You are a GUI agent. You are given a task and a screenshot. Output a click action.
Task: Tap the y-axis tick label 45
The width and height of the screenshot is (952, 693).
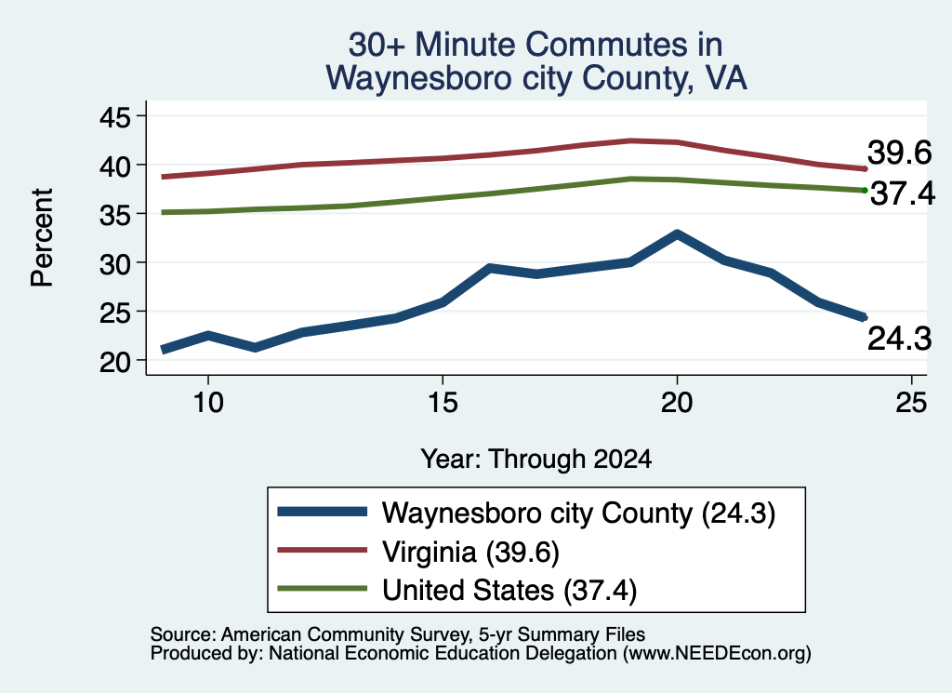pos(114,117)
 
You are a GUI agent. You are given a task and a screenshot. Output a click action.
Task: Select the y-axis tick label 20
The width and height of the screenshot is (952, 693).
pos(114,362)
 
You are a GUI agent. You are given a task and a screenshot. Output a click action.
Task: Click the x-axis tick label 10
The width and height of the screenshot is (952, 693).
pos(208,403)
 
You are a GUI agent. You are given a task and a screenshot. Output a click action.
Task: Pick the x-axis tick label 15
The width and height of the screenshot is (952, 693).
pos(443,403)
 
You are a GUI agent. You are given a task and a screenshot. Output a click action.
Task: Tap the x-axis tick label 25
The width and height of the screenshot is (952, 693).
pos(911,403)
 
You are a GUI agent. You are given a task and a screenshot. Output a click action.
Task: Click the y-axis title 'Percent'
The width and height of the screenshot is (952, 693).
pos(43,237)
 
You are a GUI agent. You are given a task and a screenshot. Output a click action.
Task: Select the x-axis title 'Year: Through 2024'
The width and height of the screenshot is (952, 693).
pos(536,460)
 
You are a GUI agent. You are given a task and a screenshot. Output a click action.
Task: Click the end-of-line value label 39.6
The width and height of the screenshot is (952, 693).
pos(899,153)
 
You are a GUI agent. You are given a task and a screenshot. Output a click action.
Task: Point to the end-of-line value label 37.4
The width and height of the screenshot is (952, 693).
pos(903,194)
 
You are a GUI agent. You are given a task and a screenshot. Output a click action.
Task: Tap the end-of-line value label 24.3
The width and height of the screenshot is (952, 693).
pos(899,339)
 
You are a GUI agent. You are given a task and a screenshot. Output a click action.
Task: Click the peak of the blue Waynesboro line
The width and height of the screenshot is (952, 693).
pos(677,233)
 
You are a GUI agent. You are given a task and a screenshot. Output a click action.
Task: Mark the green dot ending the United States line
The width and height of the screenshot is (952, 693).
pos(865,191)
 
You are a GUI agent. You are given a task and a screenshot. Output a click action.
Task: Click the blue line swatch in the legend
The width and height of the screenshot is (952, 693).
pos(323,512)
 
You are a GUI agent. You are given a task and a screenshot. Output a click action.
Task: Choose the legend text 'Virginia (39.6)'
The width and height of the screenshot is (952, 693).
pos(470,553)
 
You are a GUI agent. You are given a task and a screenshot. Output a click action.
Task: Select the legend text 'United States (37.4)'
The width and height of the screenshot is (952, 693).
pos(509,591)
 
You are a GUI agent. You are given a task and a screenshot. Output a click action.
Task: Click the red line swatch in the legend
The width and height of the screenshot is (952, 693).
pos(323,550)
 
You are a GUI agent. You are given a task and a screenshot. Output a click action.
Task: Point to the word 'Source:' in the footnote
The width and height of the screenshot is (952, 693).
pos(183,634)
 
